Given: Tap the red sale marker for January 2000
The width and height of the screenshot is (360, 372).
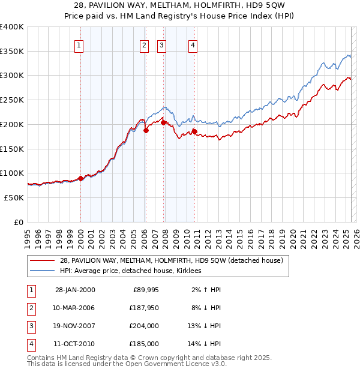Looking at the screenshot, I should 80,178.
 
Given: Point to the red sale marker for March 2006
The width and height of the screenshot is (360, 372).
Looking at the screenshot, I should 146,130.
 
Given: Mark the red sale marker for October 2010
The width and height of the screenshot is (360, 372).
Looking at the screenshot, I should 194,131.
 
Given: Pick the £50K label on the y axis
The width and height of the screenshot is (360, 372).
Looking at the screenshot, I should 14,197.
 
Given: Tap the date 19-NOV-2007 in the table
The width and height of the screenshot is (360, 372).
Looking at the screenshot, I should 75,326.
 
